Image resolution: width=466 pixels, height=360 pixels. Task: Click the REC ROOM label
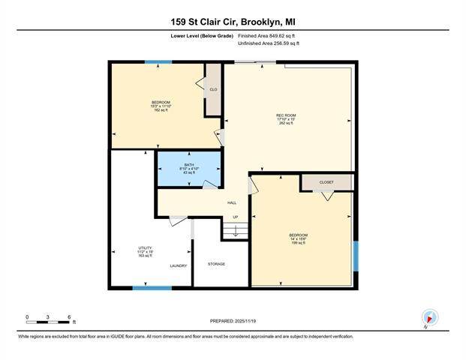[285, 115]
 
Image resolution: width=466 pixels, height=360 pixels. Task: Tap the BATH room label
[188, 165]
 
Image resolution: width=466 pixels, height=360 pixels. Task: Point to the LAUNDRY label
[178, 265]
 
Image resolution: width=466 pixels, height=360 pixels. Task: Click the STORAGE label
[217, 263]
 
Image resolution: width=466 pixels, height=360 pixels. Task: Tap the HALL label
[233, 202]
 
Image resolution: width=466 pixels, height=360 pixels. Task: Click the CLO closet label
[213, 89]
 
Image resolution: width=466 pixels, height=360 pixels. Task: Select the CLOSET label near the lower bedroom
[326, 182]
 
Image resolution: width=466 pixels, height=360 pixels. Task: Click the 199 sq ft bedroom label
[298, 239]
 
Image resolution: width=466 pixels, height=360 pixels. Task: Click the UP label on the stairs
[234, 217]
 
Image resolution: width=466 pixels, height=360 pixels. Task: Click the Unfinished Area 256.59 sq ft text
[269, 44]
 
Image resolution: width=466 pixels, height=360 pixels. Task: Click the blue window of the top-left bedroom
[158, 61]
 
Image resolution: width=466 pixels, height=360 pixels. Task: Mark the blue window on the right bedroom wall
[356, 256]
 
